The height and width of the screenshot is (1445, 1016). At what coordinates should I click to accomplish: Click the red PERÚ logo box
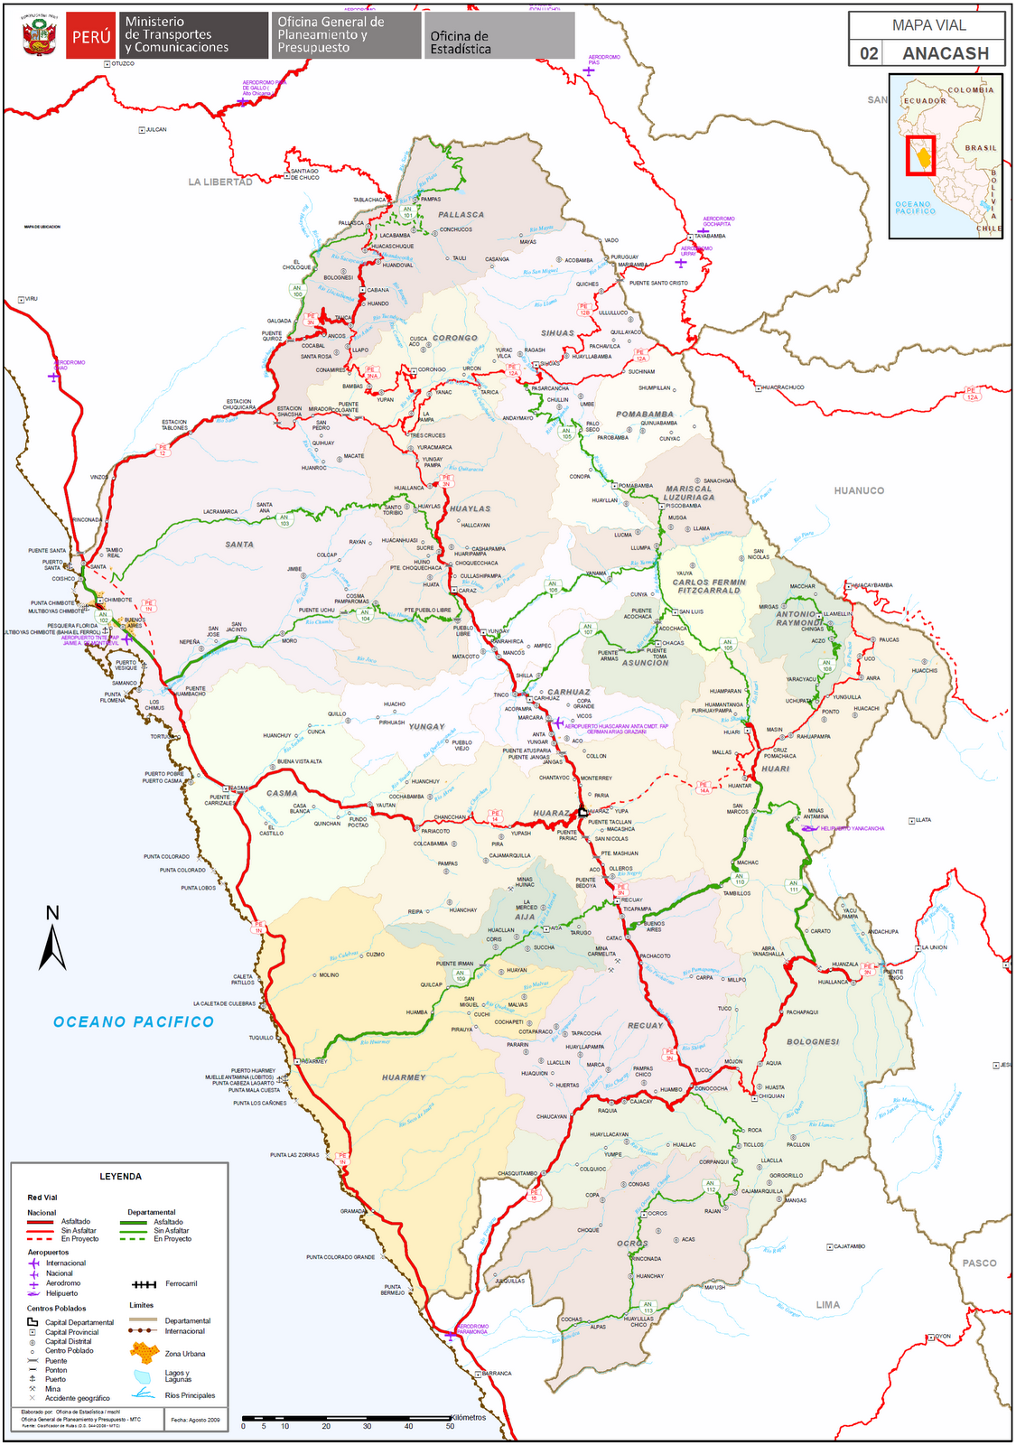tap(90, 36)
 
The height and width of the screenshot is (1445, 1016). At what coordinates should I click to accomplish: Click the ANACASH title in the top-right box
tap(945, 53)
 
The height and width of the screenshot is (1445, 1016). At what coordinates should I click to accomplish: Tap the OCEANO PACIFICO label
tap(134, 1022)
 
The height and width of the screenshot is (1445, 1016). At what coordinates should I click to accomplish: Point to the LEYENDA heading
tap(120, 1177)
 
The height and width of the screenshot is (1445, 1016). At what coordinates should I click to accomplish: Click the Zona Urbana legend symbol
tap(144, 1353)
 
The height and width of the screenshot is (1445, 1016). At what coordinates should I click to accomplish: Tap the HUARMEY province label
tap(403, 1077)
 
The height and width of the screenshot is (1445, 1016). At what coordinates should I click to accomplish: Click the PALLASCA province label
tap(461, 215)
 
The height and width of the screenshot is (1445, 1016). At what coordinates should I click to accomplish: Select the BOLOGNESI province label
tap(813, 1042)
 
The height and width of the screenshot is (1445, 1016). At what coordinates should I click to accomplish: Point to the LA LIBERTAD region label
tap(220, 182)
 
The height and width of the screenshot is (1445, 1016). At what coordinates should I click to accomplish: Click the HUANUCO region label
tap(859, 491)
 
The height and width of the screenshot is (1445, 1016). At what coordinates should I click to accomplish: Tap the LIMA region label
tap(827, 1305)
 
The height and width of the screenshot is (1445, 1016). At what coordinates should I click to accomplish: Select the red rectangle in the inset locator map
tap(920, 156)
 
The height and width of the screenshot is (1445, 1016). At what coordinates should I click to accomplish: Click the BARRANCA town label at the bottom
tap(496, 1374)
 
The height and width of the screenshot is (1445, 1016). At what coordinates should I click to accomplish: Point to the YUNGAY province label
tap(426, 727)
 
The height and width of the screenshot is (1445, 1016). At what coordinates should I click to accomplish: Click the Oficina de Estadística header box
tap(499, 36)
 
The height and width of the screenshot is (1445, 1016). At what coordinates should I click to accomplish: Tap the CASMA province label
tap(282, 794)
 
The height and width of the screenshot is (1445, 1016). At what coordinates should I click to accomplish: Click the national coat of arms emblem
tap(39, 35)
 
